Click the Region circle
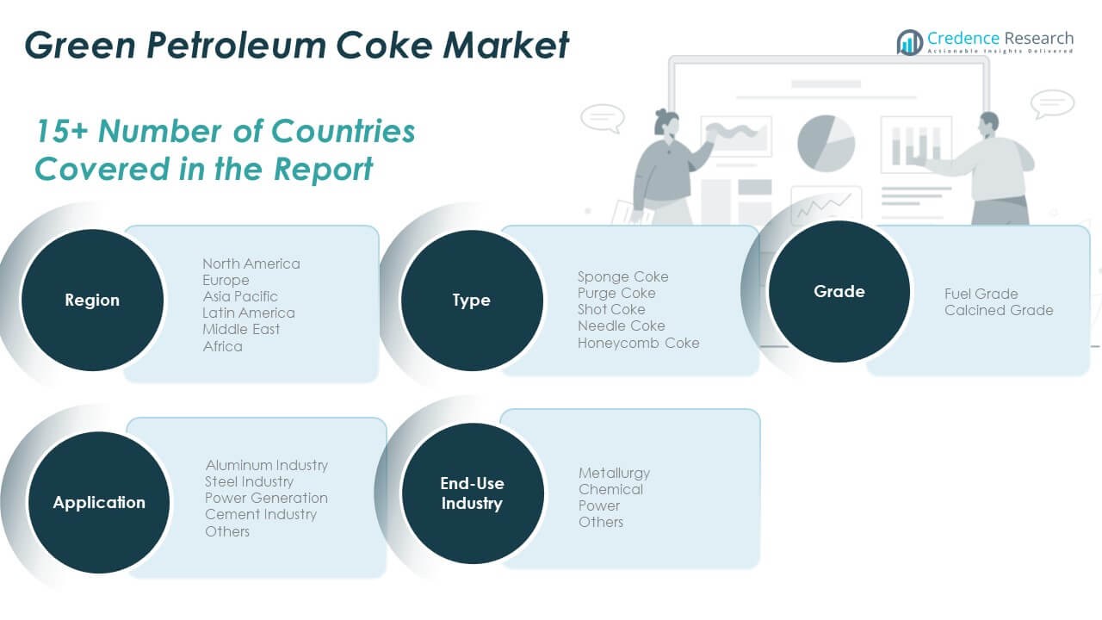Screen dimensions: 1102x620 92,301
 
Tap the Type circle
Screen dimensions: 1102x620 472,301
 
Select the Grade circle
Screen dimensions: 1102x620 839,291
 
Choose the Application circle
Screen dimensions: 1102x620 99,502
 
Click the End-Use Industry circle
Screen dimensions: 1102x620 473,493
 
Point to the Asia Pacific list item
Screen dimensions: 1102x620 240,296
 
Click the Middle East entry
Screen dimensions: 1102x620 241,329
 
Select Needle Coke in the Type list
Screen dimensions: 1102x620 622,325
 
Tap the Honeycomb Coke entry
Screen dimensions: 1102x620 639,343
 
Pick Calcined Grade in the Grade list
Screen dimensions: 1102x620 999,311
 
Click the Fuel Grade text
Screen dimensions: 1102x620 981,294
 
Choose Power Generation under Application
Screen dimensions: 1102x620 266,498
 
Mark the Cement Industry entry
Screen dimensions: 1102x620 261,515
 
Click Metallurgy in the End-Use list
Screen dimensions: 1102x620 614,474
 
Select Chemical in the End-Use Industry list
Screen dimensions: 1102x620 610,490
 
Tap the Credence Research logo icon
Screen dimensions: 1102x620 910,42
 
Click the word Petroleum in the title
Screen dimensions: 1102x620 236,46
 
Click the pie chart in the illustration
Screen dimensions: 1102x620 826,143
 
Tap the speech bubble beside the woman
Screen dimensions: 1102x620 603,119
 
